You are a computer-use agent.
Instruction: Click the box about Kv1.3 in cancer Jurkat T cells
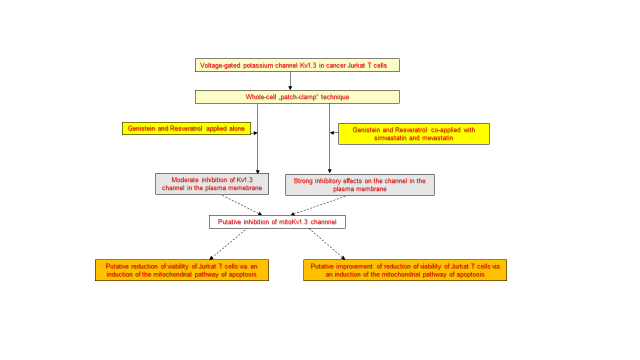point(297,65)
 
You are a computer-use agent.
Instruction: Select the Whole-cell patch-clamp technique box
point(297,97)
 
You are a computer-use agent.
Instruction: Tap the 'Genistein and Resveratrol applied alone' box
point(186,128)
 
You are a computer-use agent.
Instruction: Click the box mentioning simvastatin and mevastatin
point(413,134)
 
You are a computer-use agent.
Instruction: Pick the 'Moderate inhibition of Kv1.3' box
point(212,184)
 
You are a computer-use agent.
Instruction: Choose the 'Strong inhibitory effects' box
point(359,185)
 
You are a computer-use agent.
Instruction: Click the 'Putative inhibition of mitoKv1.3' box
point(277,222)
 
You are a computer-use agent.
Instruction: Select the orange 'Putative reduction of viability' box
point(181,270)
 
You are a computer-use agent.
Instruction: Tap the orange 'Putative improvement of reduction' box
point(405,270)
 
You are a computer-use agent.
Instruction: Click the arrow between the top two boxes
point(290,81)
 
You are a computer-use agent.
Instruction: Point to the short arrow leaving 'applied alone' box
point(254,133)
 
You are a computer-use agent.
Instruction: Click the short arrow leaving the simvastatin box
point(334,133)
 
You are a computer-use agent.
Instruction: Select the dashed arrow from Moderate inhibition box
point(242,205)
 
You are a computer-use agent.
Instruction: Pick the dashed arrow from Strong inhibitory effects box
point(318,205)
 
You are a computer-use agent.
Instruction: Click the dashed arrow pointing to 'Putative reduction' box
point(227,244)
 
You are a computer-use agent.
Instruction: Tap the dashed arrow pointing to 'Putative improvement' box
point(326,244)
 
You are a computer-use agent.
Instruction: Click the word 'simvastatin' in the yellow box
point(390,138)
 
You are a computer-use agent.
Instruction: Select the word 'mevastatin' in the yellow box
point(438,138)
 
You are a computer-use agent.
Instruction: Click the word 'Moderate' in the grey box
point(185,180)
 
